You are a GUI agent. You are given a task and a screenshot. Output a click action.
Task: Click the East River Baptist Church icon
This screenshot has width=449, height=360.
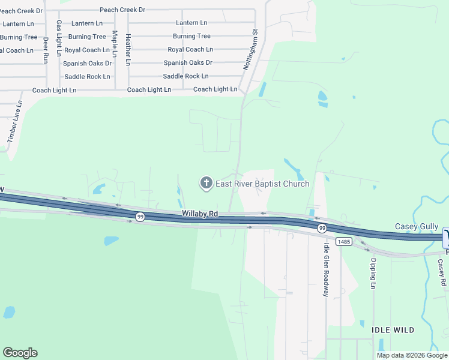tap(206, 183)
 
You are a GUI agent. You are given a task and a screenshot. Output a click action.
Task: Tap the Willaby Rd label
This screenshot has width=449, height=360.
tap(200, 214)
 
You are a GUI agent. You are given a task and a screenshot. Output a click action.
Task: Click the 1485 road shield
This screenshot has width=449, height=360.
tap(344, 242)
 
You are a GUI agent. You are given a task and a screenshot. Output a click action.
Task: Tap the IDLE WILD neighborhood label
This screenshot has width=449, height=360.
tap(393, 330)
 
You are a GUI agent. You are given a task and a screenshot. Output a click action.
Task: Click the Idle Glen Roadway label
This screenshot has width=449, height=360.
tap(327, 270)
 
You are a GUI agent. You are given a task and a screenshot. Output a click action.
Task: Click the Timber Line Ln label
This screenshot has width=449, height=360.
tap(14, 121)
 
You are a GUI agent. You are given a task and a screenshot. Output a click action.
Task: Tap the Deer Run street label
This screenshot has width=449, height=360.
tap(46, 50)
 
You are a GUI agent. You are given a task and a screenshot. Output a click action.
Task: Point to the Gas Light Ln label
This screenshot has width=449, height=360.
tap(59, 38)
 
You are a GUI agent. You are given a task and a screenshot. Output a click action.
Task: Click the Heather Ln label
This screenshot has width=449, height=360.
tap(128, 49)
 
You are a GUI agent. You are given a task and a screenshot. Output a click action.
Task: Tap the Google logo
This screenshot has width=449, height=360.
tap(20, 353)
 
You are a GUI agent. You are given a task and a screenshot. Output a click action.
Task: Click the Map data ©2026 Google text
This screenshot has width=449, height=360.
tap(411, 355)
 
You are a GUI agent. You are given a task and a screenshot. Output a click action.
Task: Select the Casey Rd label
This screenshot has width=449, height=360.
tap(442, 272)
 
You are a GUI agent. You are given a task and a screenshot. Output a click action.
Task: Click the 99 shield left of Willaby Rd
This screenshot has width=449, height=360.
tap(139, 217)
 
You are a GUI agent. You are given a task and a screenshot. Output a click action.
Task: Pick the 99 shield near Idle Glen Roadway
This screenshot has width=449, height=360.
tap(322, 228)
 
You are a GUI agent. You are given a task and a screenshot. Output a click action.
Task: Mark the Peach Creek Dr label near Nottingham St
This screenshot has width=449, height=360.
tap(122, 10)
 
